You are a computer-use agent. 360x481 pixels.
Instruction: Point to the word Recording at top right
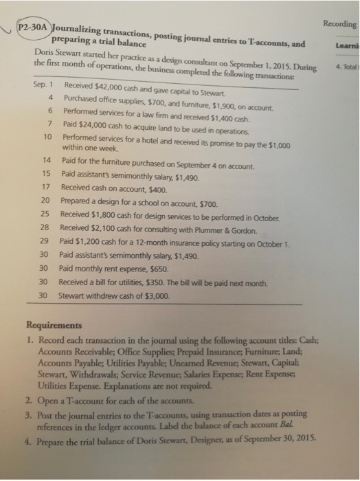(x=338, y=23)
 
